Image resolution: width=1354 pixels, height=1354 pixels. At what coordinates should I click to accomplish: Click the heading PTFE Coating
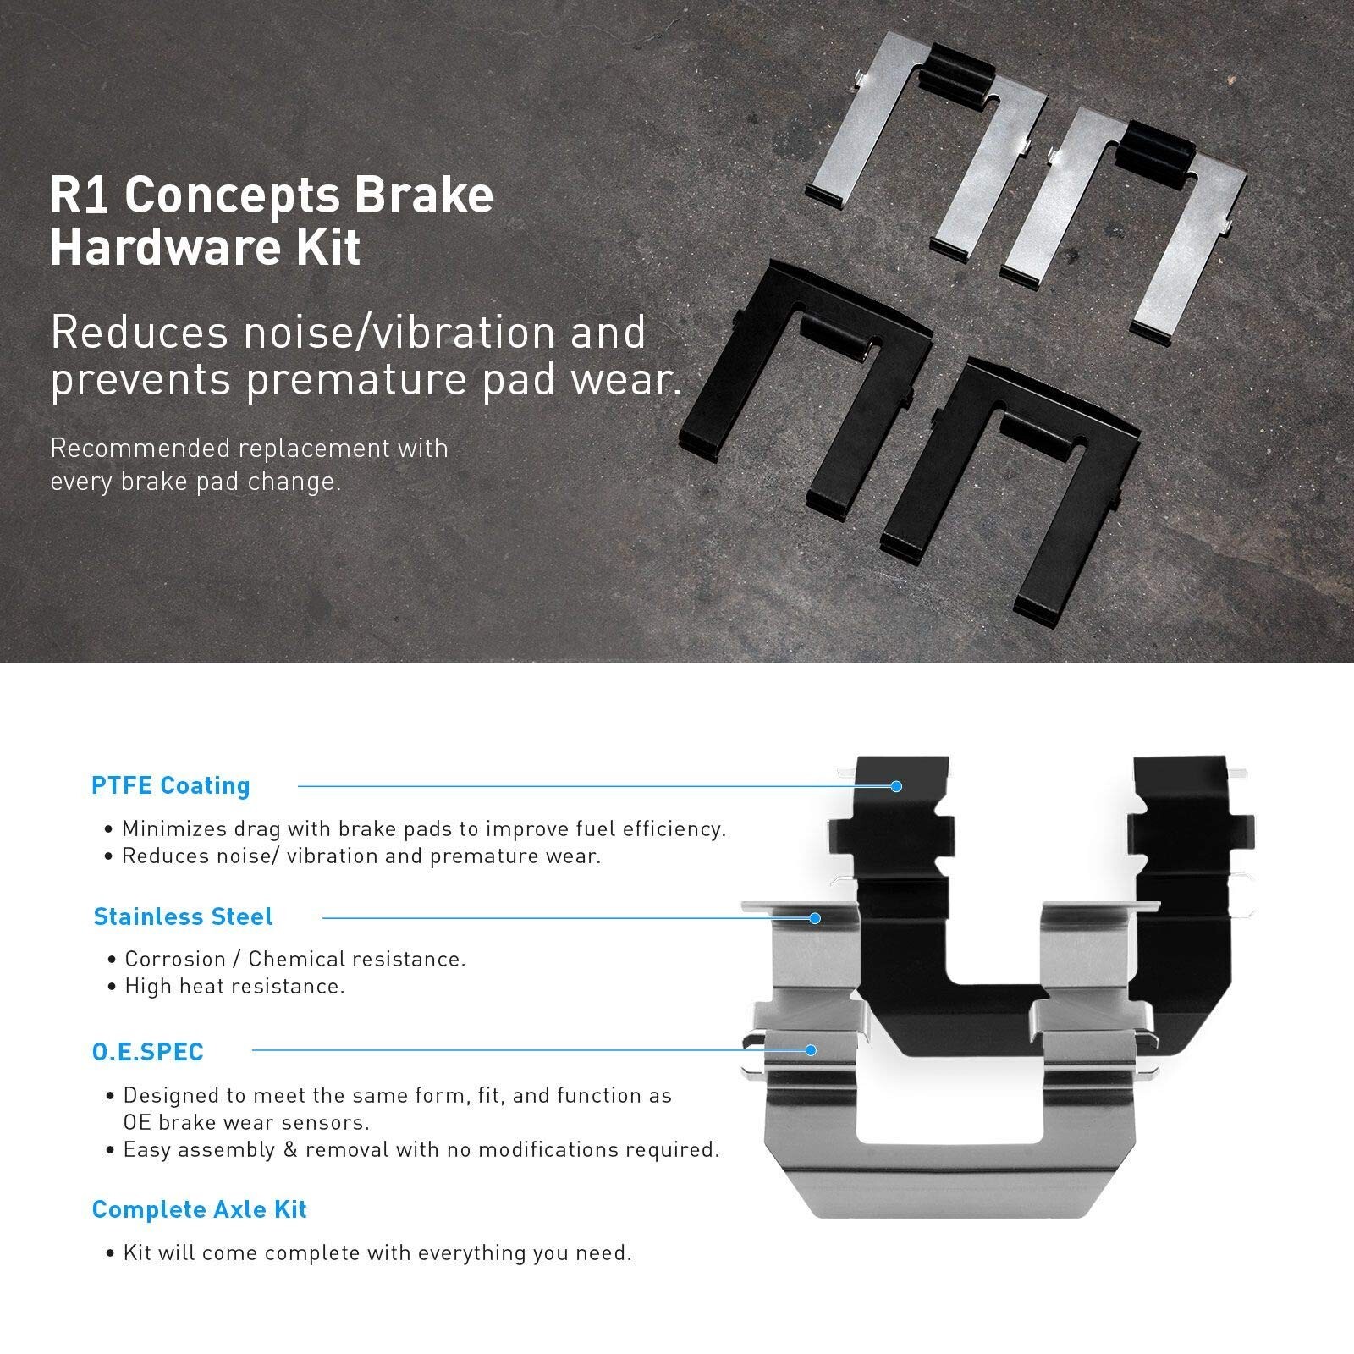click(170, 785)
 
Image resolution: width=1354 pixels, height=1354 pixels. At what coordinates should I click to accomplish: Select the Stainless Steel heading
click(183, 916)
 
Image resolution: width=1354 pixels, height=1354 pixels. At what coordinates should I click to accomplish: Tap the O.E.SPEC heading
click(147, 1052)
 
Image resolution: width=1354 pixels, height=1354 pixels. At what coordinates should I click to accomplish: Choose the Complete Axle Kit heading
click(199, 1209)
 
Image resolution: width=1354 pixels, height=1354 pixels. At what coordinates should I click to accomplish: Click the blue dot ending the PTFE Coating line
click(896, 786)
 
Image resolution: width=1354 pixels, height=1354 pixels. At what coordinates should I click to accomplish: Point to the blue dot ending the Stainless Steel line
click(815, 918)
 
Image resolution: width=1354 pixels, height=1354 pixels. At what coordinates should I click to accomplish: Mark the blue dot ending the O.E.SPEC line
click(811, 1050)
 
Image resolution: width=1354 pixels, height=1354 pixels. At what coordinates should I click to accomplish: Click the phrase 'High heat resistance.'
click(234, 986)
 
